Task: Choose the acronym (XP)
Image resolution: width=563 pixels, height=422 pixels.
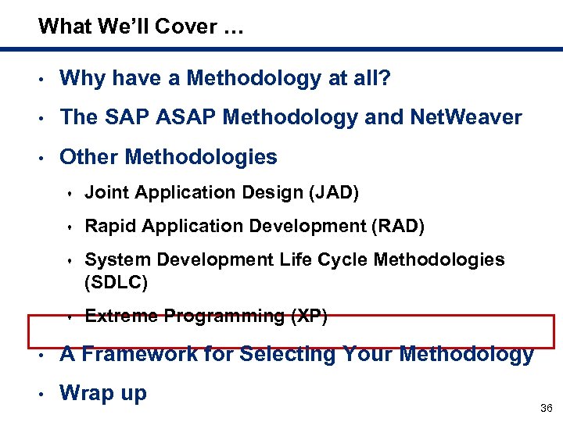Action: [x=309, y=316]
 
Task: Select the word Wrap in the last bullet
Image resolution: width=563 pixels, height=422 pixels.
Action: [x=86, y=393]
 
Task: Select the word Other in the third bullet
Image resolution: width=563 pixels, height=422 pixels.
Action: [x=88, y=157]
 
